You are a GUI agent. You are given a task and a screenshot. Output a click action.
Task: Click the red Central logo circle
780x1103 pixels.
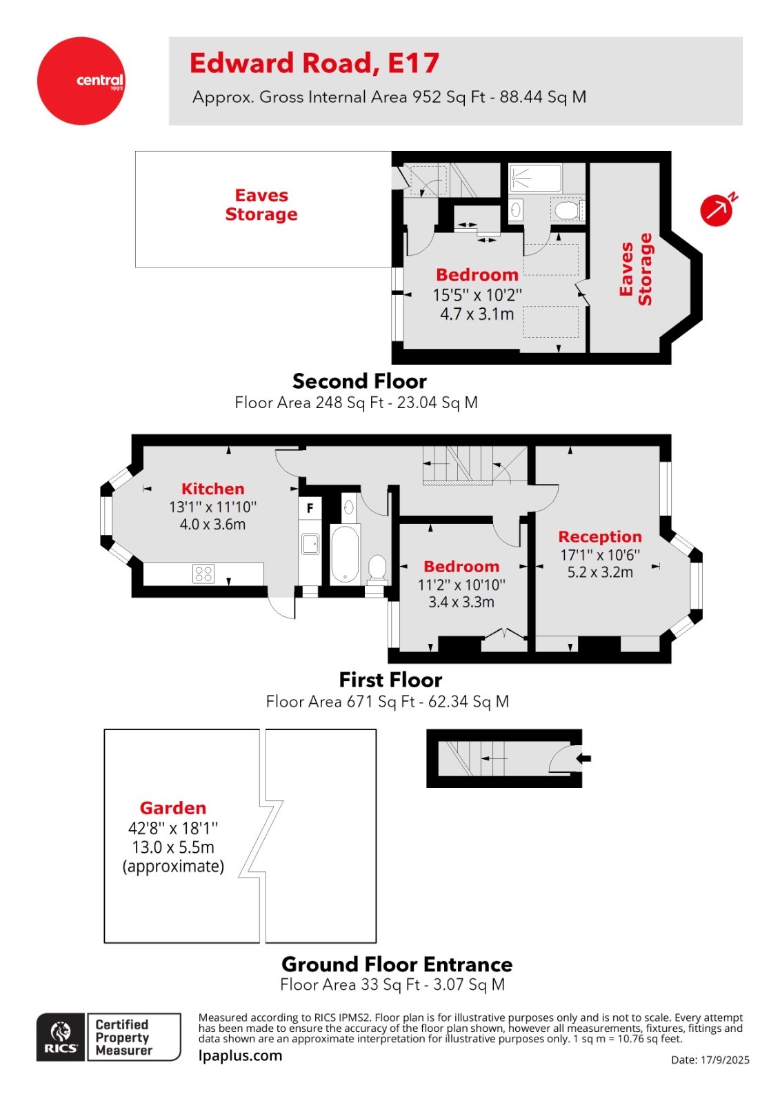[81, 81]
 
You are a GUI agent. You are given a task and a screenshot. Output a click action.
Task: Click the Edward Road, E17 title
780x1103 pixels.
[314, 63]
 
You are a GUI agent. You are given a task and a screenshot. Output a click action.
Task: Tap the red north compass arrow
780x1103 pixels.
[717, 210]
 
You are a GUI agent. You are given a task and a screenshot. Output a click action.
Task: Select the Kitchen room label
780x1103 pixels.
[212, 489]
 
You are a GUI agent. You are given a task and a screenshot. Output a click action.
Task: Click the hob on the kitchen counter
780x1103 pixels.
[203, 574]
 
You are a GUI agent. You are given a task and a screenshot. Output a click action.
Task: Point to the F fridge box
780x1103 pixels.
[310, 508]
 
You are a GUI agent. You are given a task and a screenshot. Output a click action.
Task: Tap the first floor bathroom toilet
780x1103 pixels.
[377, 568]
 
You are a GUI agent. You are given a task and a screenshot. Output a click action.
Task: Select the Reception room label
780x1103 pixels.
[599, 536]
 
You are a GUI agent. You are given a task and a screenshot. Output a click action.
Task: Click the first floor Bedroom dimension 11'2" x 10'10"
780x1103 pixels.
[461, 585]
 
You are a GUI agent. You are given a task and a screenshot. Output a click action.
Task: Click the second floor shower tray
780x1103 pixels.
[535, 178]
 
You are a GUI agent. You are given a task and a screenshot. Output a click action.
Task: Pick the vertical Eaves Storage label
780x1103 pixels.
[635, 270]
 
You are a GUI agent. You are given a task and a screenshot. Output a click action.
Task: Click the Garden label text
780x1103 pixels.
[173, 808]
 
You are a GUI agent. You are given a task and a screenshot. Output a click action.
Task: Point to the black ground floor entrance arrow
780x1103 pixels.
[583, 758]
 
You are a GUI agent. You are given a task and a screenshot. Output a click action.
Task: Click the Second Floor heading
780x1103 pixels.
[359, 381]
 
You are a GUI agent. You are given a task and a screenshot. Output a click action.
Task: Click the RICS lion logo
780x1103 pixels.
[61, 1037]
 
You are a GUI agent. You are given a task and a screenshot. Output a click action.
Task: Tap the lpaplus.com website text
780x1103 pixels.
[240, 1055]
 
